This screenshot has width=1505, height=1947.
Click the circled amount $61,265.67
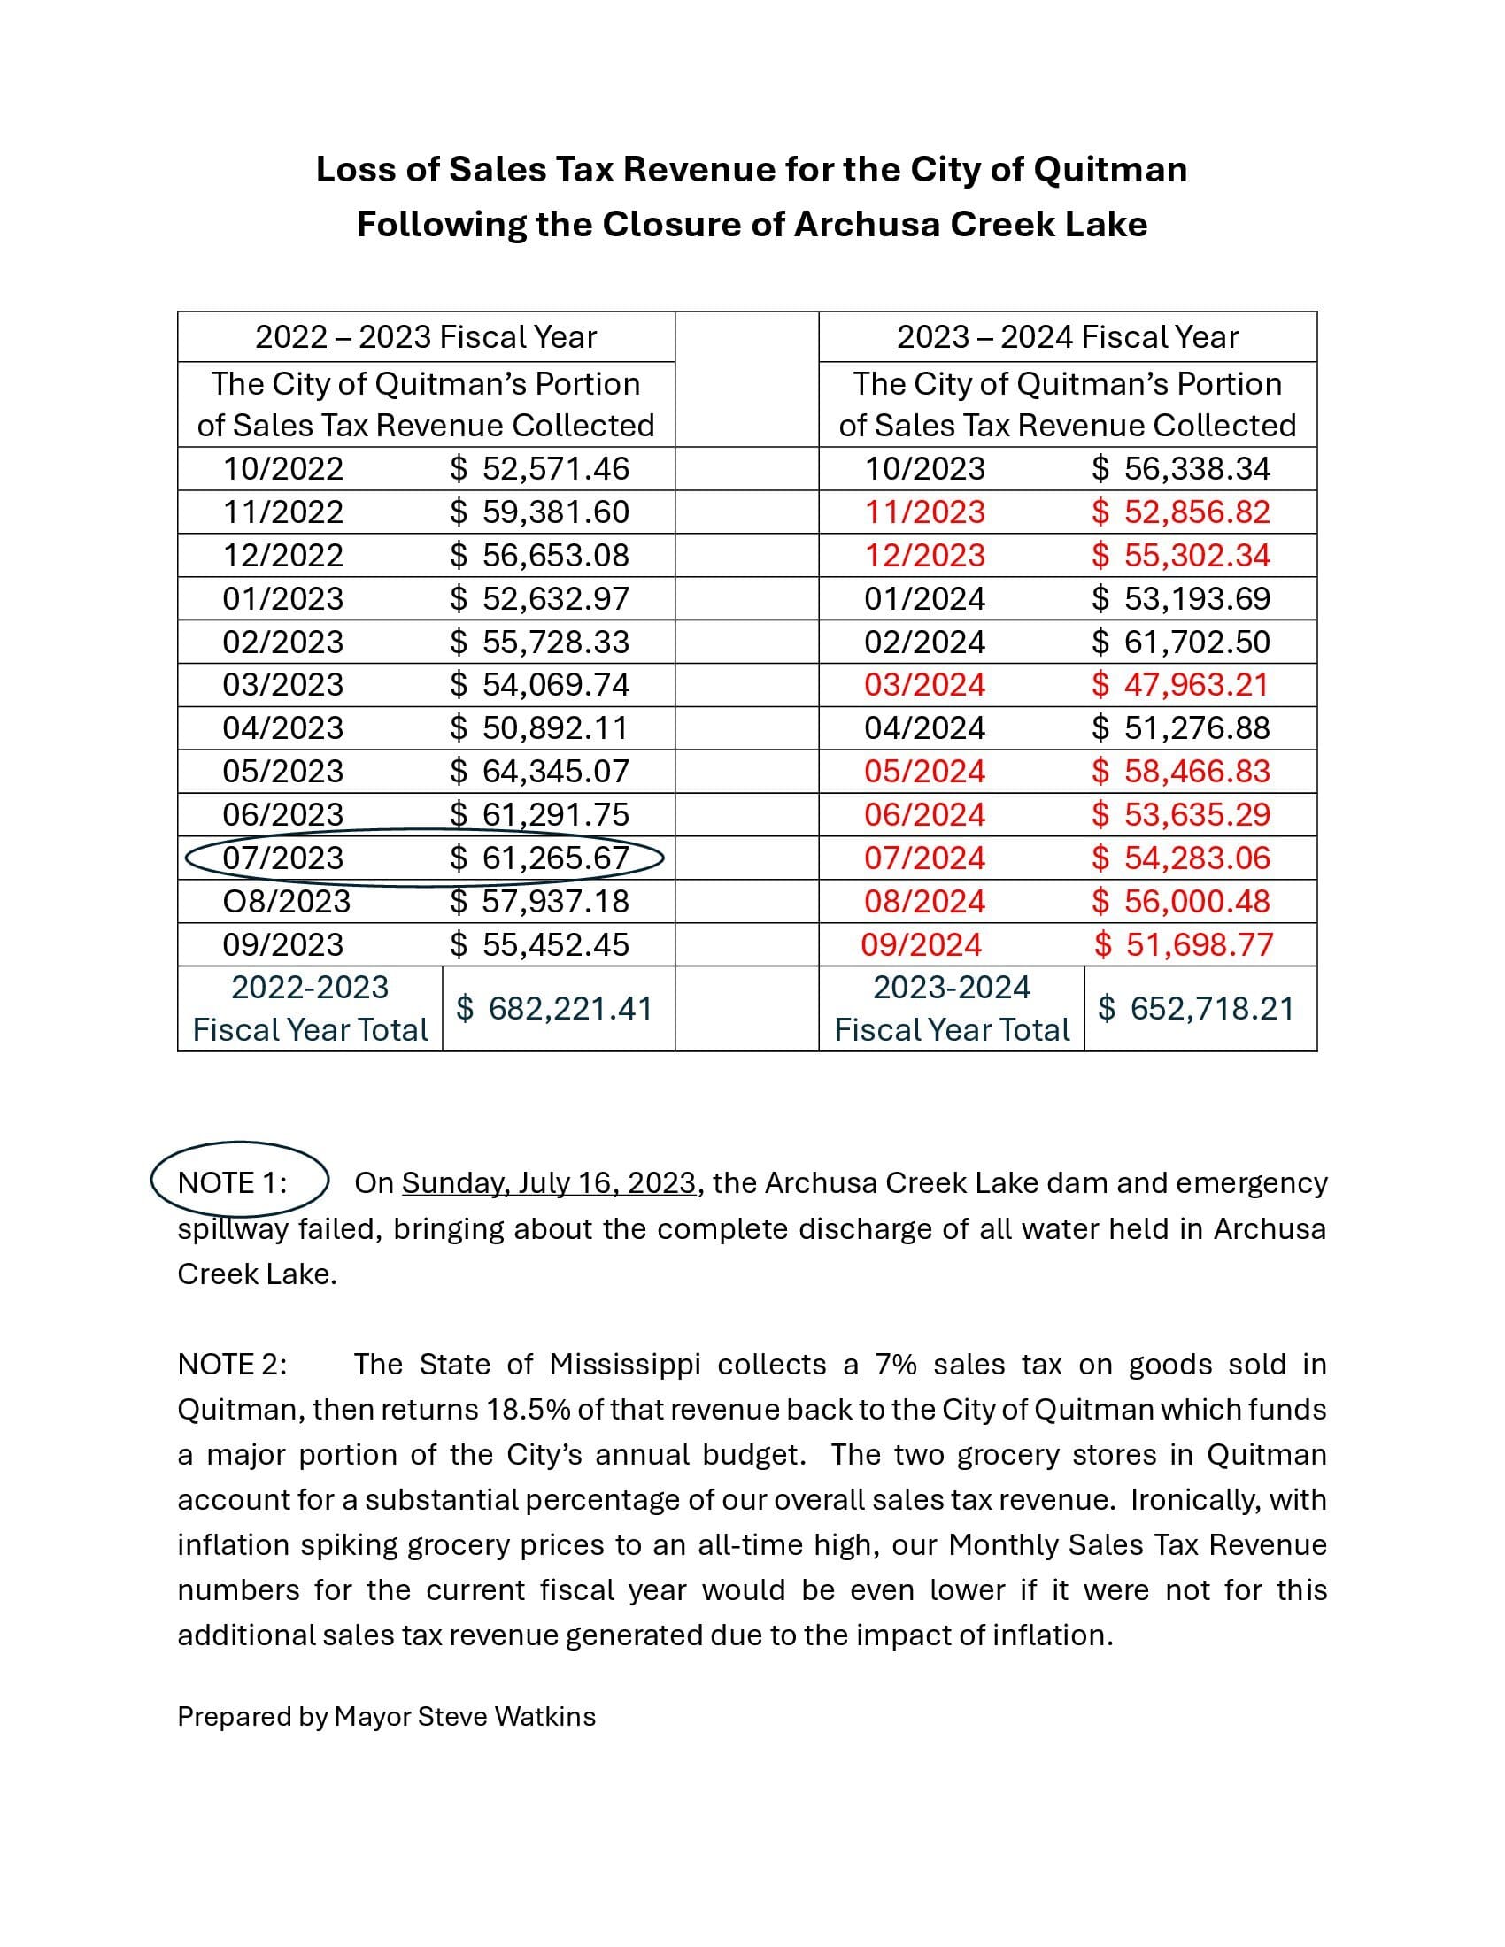[x=539, y=858]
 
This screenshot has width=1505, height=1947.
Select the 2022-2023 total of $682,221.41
[x=553, y=1008]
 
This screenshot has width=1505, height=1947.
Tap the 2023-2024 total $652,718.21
[x=1196, y=1008]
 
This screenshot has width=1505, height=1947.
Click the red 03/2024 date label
[x=924, y=685]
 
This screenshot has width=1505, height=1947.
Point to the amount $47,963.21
[x=1180, y=685]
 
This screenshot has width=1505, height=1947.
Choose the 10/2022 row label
[x=282, y=469]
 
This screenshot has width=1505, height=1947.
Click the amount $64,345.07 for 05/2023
[x=539, y=771]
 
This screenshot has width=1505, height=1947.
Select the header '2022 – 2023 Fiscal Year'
[x=425, y=337]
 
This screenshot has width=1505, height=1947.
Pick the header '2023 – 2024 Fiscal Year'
[x=1068, y=337]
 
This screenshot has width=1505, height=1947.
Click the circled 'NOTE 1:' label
[x=233, y=1183]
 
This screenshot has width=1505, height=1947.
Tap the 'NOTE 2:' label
[x=233, y=1365]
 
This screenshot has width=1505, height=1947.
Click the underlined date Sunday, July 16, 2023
[x=548, y=1183]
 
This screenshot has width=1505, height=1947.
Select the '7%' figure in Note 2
[x=895, y=1365]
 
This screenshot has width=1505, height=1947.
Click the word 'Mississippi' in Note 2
[x=625, y=1365]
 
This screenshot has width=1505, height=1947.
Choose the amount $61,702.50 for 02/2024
[x=1180, y=642]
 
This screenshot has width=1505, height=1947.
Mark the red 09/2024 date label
[x=921, y=944]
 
